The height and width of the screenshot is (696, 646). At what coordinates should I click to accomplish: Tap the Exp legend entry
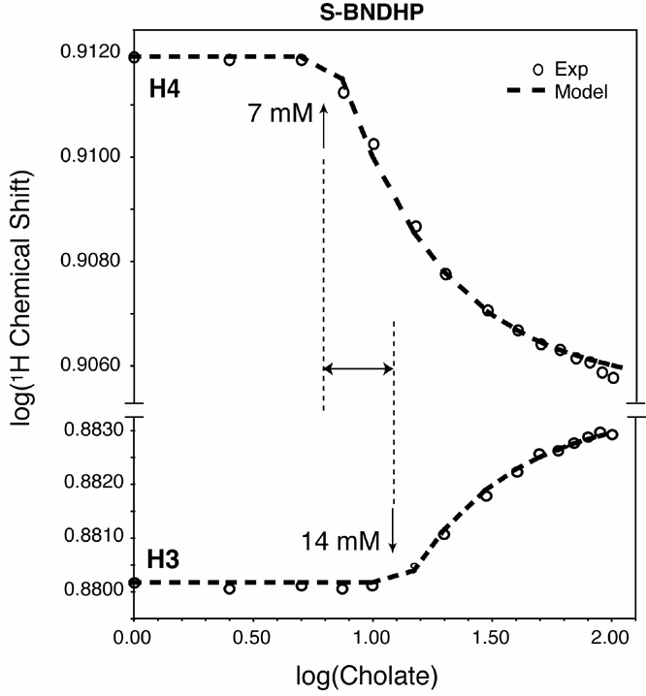pyautogui.click(x=572, y=71)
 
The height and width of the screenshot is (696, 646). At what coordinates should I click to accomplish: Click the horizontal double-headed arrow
pyautogui.click(x=358, y=368)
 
